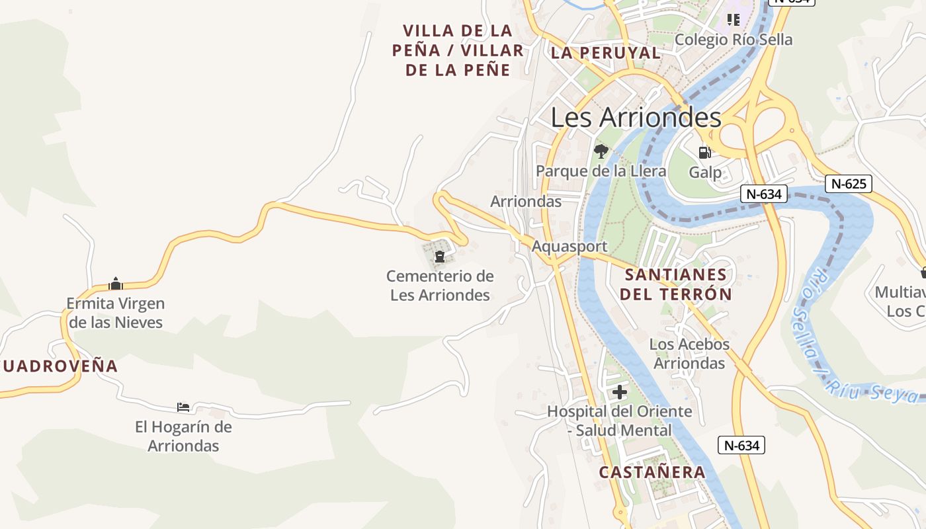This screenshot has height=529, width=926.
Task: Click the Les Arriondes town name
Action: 636,118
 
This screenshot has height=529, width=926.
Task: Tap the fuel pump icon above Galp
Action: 705,152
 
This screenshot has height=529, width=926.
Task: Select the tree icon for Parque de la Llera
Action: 601,151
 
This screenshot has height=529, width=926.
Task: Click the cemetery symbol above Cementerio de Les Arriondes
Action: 439,256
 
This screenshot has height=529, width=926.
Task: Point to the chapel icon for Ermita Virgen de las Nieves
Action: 116,284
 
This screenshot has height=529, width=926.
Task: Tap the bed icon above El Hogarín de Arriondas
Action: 183,407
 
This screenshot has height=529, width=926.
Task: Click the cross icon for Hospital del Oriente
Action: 620,392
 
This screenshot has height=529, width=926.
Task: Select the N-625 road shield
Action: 849,184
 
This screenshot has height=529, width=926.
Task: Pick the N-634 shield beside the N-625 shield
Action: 764,194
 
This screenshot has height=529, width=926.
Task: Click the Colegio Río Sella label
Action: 733,40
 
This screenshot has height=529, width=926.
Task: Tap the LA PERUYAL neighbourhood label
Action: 605,54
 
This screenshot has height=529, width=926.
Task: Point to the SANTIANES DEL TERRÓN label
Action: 676,284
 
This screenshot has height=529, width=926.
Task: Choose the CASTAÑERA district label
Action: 652,472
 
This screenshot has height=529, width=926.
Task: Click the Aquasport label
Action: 569,247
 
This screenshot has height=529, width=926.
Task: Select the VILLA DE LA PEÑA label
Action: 458,50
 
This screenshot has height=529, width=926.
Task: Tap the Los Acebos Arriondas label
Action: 689,354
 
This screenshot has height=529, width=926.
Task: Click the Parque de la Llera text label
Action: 601,171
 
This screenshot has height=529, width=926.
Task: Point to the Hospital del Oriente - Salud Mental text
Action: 620,421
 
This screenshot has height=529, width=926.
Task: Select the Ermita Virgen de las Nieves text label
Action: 116,313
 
